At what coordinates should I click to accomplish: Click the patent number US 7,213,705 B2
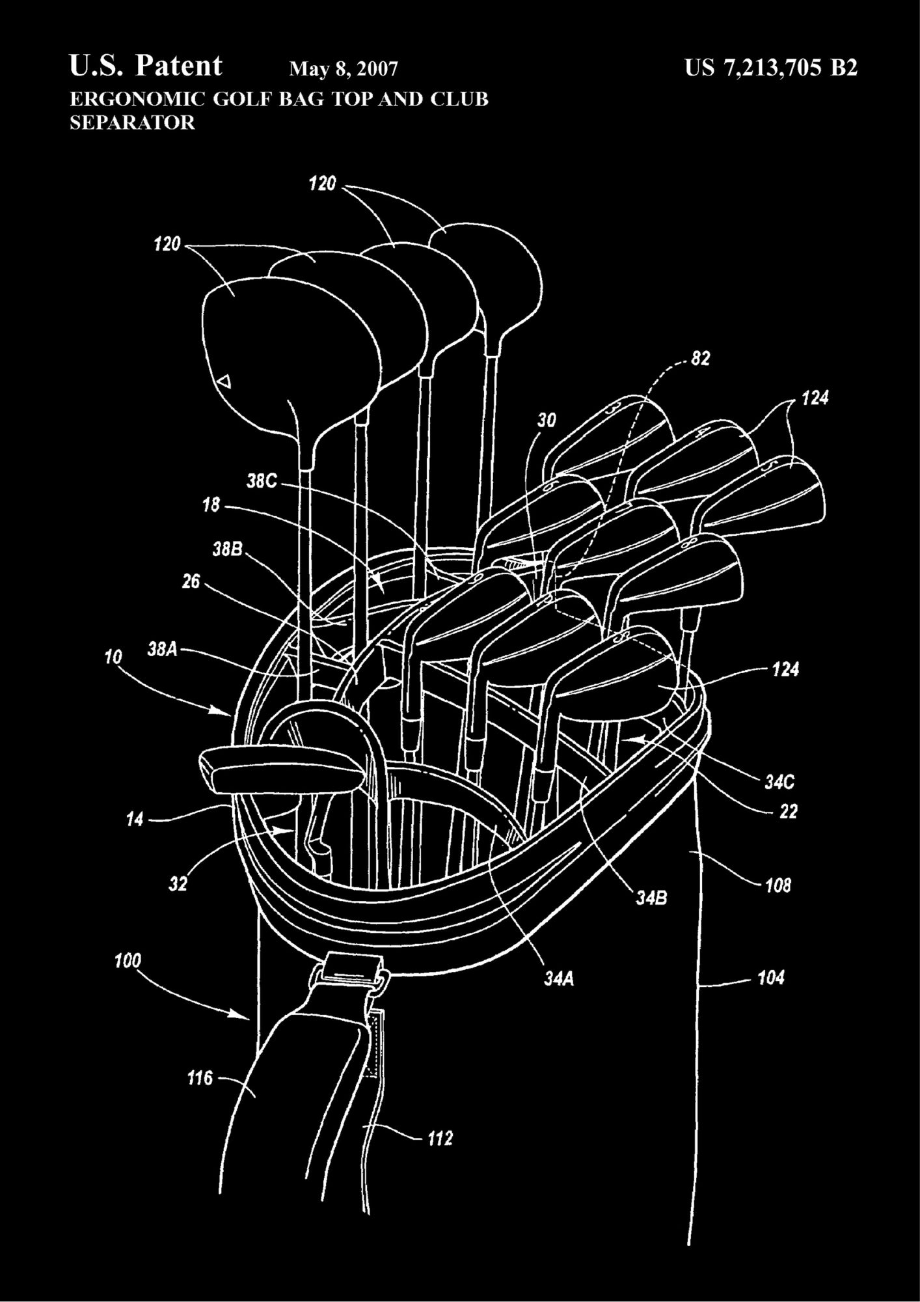click(771, 68)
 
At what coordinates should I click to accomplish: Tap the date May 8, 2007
click(343, 69)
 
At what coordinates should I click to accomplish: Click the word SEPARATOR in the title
click(132, 122)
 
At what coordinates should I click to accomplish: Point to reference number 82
click(700, 359)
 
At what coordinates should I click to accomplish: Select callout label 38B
click(227, 549)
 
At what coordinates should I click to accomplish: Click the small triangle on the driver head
click(224, 380)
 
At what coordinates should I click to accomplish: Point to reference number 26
click(191, 581)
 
